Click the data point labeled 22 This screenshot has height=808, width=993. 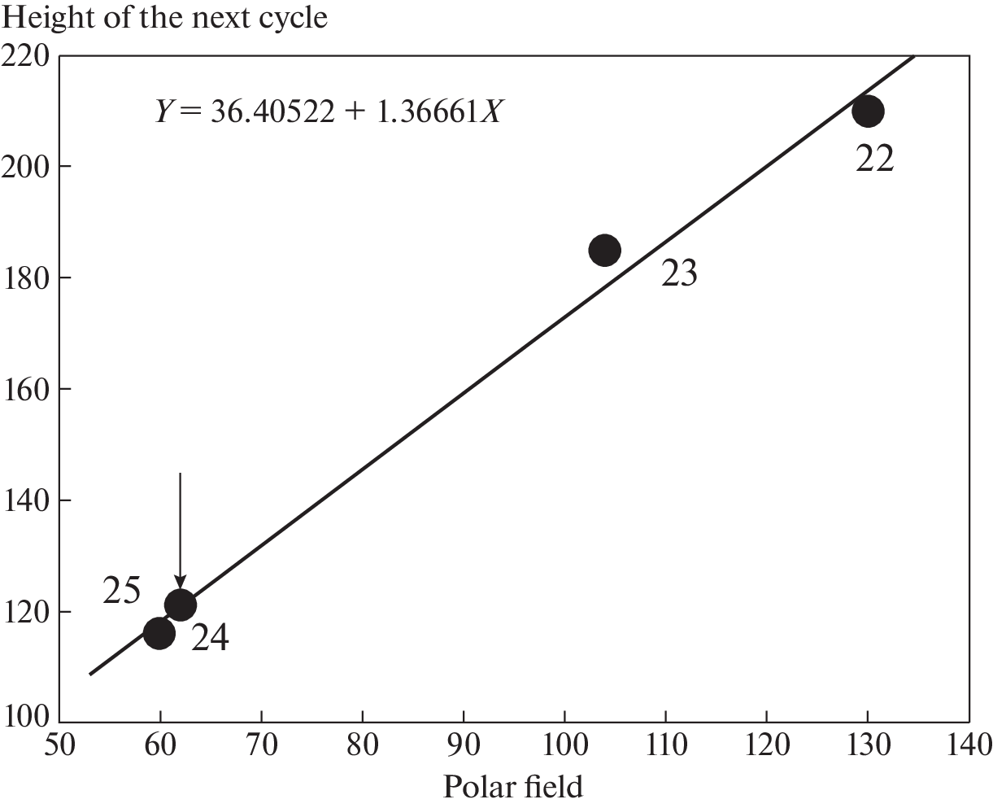(868, 111)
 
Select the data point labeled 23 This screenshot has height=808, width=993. (604, 250)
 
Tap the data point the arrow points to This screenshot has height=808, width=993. (180, 605)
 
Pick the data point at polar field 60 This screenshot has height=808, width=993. (159, 632)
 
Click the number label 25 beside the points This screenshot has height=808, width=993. (122, 591)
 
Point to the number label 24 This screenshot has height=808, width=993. (210, 639)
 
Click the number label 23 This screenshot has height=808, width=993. (679, 274)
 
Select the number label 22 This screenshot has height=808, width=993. (874, 159)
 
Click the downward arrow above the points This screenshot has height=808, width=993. (180, 529)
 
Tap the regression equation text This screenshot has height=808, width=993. (328, 111)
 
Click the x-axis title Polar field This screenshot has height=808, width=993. (513, 787)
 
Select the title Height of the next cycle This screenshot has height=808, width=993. (165, 16)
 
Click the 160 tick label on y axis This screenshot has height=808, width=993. (27, 388)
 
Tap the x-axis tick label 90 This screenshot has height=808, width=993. (464, 744)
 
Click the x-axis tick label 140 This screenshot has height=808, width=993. (968, 744)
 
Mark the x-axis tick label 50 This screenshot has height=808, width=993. (60, 744)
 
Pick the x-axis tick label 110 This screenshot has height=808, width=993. (665, 744)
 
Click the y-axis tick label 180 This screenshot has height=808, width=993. (27, 277)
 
